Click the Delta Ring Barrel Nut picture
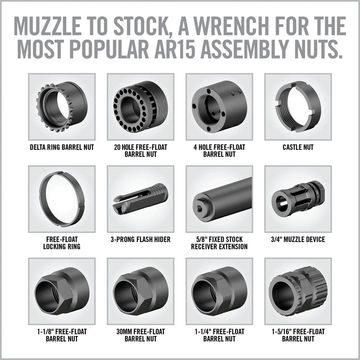click(62, 107)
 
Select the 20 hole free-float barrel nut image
click(140, 107)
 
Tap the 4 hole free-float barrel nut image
click(219, 107)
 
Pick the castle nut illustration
click(297, 107)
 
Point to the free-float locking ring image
click(62, 199)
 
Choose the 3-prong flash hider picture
click(140, 199)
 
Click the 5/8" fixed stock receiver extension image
click(219, 199)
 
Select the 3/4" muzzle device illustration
click(297, 199)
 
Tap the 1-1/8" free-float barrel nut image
click(62, 291)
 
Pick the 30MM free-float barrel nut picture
click(140, 291)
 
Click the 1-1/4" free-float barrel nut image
click(219, 291)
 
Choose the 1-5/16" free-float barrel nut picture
click(297, 291)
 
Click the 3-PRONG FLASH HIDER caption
click(140, 240)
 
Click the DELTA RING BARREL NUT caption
click(62, 148)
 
